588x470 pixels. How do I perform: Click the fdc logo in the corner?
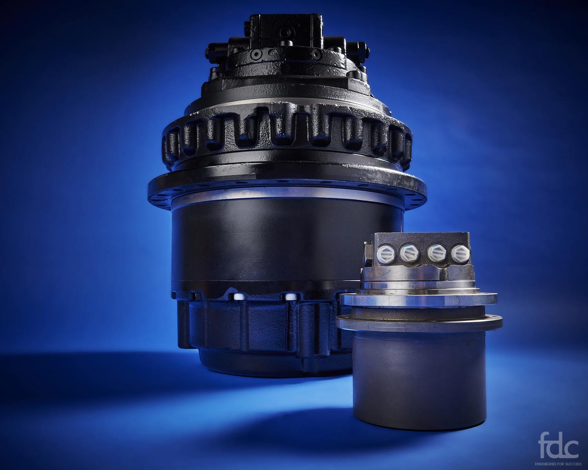[x=559, y=450]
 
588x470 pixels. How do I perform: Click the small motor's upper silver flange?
[x=418, y=299]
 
